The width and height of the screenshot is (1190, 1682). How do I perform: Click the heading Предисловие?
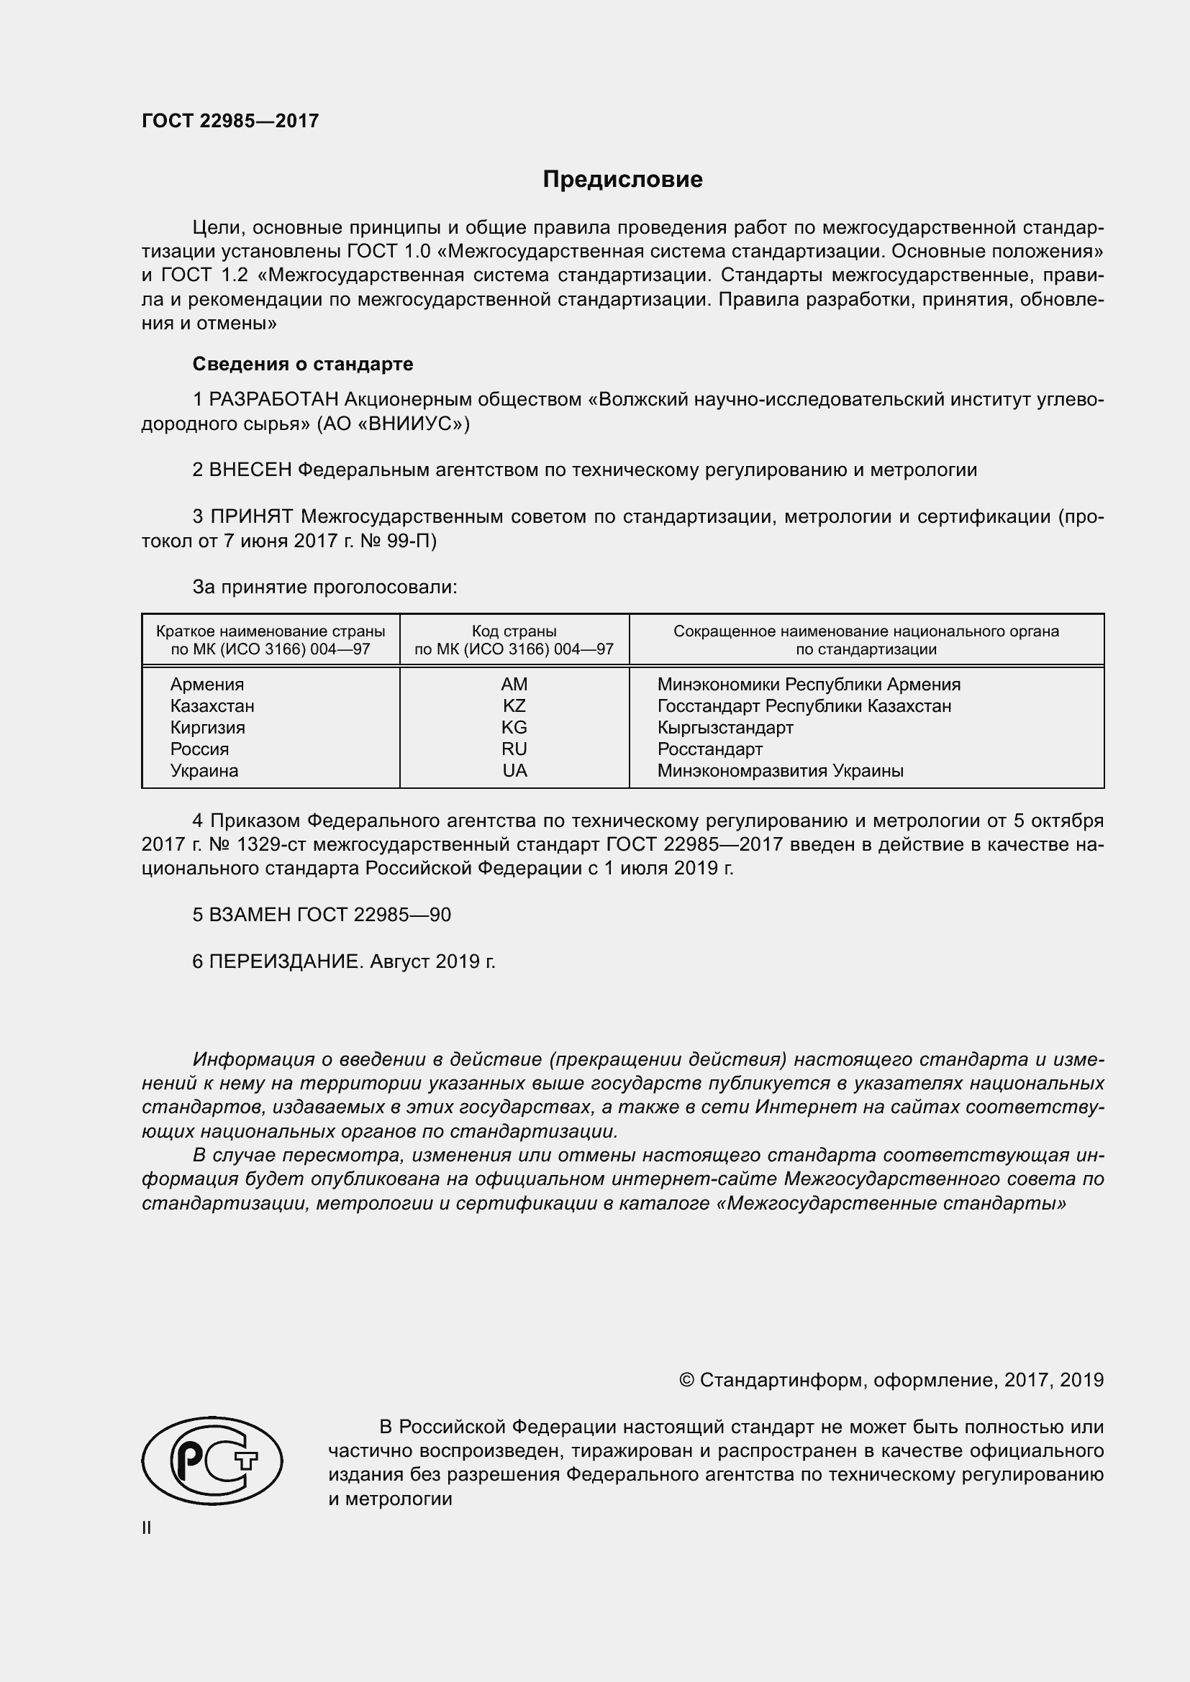[x=622, y=180]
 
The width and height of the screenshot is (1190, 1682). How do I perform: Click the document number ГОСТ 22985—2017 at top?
[x=230, y=121]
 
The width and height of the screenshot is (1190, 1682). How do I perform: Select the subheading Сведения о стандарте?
[x=303, y=364]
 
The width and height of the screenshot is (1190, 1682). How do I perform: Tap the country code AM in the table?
[x=514, y=684]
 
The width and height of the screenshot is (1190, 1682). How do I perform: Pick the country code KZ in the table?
[x=514, y=705]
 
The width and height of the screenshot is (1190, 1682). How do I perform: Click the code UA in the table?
[x=514, y=770]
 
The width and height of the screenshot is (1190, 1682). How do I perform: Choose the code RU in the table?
[x=514, y=749]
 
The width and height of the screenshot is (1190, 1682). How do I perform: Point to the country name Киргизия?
[x=207, y=728]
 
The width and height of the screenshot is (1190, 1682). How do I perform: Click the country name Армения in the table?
[x=206, y=684]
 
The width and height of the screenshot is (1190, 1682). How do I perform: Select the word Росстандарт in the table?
[x=709, y=749]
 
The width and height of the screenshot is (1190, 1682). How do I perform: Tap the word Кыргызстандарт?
[x=725, y=728]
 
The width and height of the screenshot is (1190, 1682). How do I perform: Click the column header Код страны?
[x=514, y=631]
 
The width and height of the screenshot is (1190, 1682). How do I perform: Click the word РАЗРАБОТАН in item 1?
[x=274, y=399]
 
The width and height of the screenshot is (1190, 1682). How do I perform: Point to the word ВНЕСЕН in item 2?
[x=250, y=470]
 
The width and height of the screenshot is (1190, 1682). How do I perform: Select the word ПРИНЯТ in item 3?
[x=253, y=516]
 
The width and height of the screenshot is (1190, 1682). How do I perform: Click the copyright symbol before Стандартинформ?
[x=686, y=1380]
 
